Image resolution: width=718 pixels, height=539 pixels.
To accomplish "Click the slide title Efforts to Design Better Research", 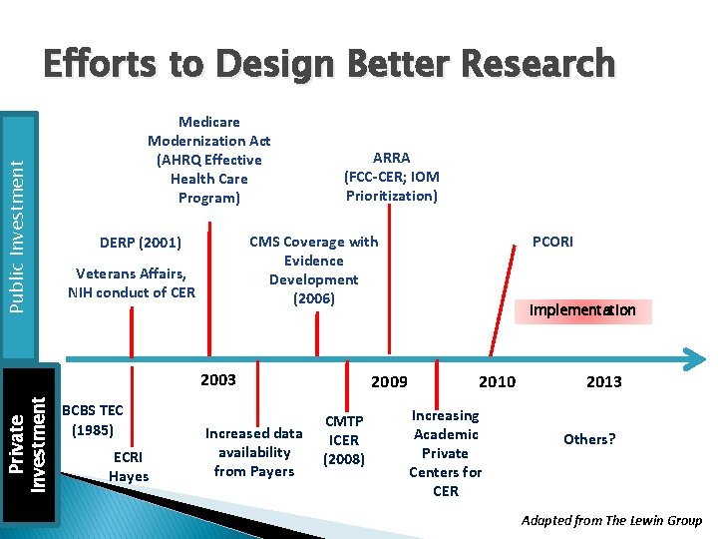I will point(328,63).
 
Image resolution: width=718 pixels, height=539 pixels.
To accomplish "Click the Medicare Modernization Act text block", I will point(208,160).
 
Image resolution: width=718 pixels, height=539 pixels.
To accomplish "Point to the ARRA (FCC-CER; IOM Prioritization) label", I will point(391,177).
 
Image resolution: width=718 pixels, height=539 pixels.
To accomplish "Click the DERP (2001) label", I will point(141,243).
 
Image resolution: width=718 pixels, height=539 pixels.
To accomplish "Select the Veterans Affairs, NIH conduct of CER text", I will point(132,282).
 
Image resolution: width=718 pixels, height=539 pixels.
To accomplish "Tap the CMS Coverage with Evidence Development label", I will point(313,269).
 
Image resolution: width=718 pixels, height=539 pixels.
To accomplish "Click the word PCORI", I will point(552,242).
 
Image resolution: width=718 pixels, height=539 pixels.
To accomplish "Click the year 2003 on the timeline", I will point(218,379).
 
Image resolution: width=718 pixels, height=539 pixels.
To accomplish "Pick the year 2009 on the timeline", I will point(389,381).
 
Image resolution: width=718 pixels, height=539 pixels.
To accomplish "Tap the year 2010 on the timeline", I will point(497,381).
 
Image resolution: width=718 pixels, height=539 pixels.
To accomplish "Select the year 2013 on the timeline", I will point(603,381).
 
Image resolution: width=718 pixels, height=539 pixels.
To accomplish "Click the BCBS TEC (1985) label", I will point(92,420).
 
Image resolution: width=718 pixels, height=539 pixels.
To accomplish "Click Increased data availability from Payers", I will point(253,452).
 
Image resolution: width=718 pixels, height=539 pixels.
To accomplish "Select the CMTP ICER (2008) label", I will point(344,440).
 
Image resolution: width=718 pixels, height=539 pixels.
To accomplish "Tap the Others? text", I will point(589,439).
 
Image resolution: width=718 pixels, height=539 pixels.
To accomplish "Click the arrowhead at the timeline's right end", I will point(692,357).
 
